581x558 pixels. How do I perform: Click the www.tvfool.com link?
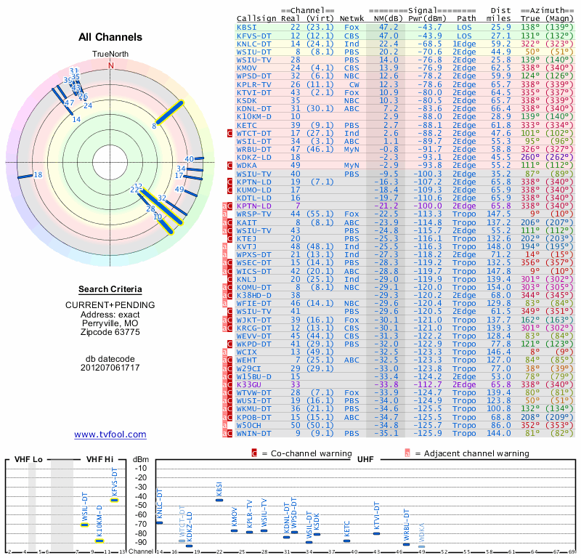click(x=110, y=434)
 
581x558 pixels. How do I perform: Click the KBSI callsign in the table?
click(x=247, y=26)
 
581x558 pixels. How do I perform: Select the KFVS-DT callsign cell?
click(x=253, y=35)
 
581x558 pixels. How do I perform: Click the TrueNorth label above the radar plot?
click(x=110, y=54)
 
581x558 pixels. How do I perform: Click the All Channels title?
click(x=110, y=37)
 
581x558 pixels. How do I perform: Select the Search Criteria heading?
click(x=110, y=288)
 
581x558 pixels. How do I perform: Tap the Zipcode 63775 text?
click(x=110, y=332)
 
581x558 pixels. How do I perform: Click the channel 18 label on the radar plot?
click(x=38, y=175)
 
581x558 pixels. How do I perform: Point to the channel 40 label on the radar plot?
click(x=189, y=158)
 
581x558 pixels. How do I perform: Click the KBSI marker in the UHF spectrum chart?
click(x=219, y=500)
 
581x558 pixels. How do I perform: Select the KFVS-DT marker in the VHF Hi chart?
click(x=115, y=500)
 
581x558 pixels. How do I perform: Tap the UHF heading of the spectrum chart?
click(x=366, y=460)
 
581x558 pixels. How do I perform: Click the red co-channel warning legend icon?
click(x=254, y=453)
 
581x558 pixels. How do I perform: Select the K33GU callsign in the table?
click(x=251, y=384)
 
